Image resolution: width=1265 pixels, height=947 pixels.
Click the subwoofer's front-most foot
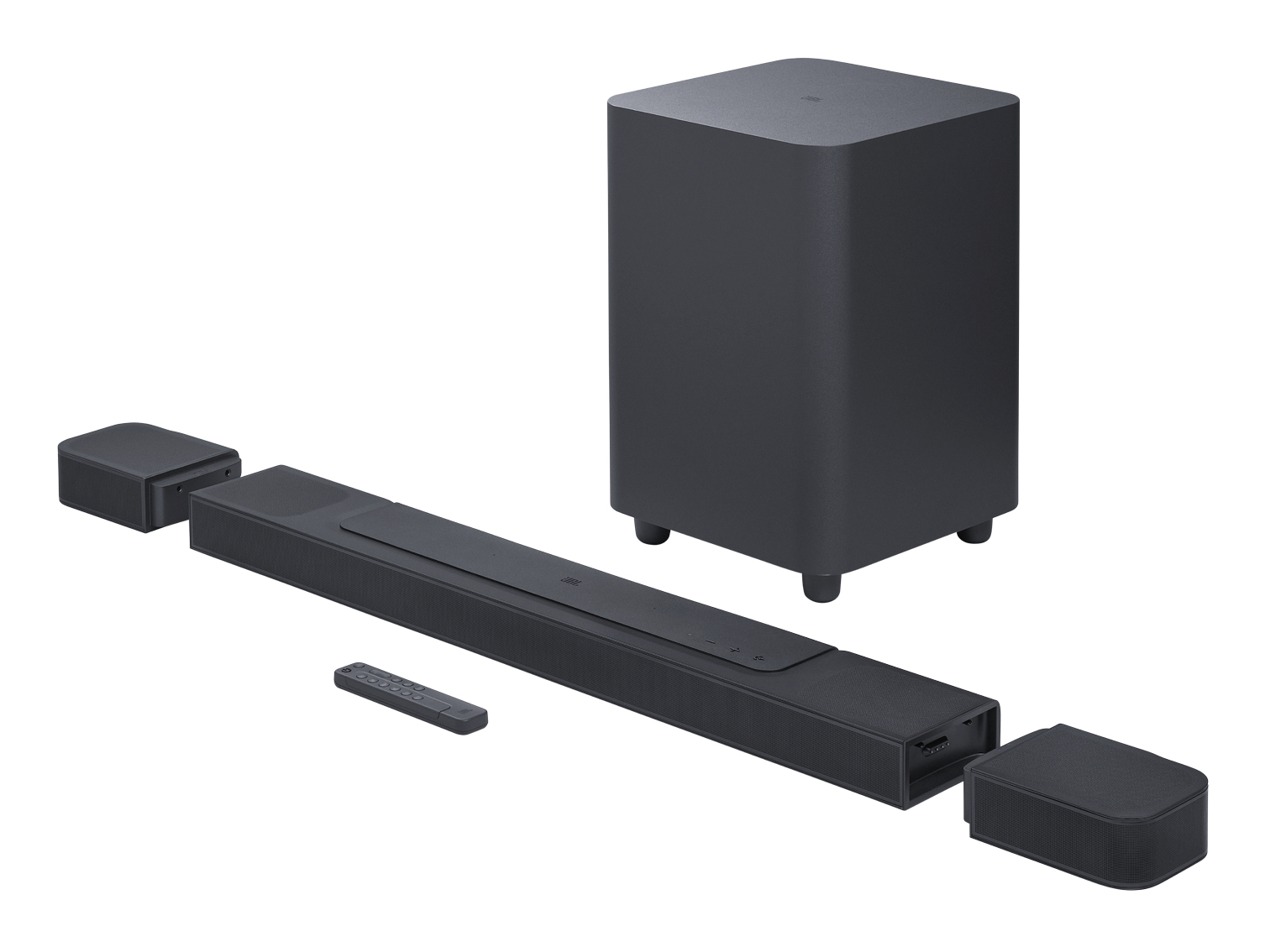(821, 585)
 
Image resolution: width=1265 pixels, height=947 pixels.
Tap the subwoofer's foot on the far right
(974, 532)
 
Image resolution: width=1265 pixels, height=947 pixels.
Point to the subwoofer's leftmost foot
(652, 533)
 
